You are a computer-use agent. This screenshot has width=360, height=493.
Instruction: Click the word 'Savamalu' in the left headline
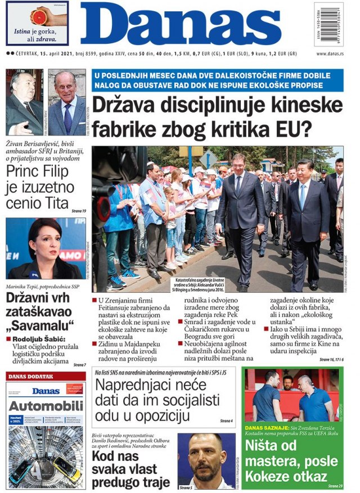pos(40,325)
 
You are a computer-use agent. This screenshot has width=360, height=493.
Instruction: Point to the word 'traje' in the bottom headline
pos(151,482)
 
